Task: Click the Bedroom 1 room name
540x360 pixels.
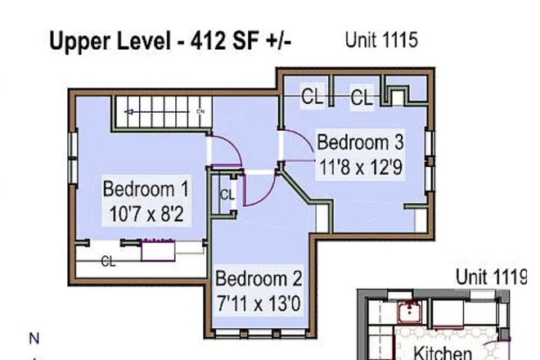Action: (x=146, y=190)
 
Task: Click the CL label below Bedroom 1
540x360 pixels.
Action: (x=108, y=263)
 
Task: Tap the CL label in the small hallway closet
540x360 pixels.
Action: (x=227, y=196)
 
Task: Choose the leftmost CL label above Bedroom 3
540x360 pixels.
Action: (x=312, y=97)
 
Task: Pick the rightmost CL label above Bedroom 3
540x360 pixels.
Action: (x=362, y=98)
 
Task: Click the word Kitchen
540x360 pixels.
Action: (x=442, y=352)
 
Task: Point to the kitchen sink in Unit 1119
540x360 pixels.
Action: (x=406, y=312)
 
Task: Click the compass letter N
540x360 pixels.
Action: (x=34, y=337)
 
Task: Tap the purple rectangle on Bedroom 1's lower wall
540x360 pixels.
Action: (x=159, y=250)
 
